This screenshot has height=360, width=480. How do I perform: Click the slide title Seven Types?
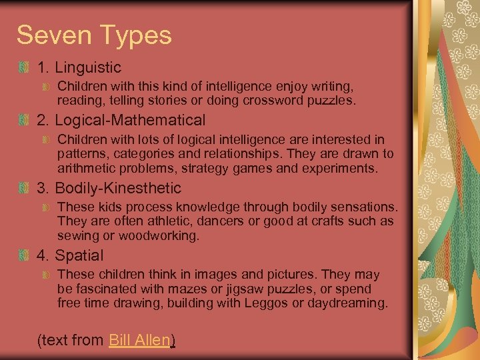(94, 35)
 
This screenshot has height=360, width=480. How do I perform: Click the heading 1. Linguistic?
(79, 67)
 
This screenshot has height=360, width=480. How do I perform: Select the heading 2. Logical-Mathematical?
(121, 121)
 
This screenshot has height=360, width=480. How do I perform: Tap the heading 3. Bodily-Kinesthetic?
(109, 189)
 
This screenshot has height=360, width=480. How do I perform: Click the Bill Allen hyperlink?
(139, 340)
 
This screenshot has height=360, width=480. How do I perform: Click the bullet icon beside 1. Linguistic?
(24, 67)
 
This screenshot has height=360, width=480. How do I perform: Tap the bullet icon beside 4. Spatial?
(24, 255)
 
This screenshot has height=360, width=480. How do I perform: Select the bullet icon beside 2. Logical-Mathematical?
(24, 121)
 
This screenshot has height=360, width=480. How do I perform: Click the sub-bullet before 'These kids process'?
(46, 207)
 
